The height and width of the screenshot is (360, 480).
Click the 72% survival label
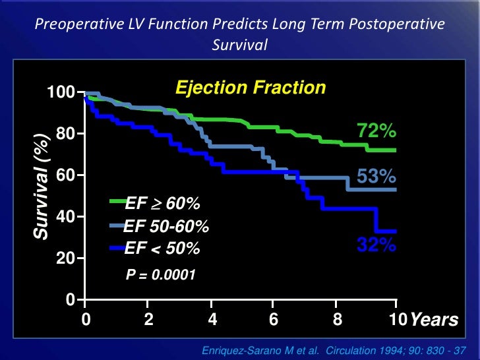[x=376, y=132]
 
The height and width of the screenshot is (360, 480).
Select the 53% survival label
[x=376, y=176]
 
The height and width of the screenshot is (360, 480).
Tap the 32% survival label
[x=376, y=245]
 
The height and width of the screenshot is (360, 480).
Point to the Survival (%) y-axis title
[x=42, y=186]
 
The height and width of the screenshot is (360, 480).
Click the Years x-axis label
[x=433, y=320]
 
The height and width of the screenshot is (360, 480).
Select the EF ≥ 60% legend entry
[x=162, y=202]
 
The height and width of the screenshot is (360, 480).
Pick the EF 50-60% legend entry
[x=166, y=227]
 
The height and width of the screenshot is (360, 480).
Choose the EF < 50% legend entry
[x=162, y=249]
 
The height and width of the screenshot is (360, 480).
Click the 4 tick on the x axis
[x=212, y=320]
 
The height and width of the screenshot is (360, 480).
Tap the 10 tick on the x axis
[x=396, y=320]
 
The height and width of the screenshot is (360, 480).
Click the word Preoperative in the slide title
[x=72, y=24]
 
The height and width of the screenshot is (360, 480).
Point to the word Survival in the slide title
[x=239, y=46]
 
